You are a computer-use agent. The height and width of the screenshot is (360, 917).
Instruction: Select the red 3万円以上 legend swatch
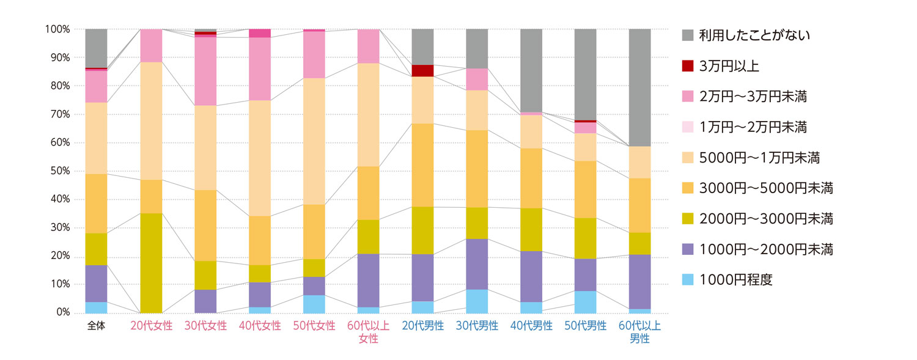click(688, 66)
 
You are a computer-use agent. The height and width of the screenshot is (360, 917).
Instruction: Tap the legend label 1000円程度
click(736, 280)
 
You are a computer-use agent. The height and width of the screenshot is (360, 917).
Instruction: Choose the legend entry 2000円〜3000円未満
click(765, 219)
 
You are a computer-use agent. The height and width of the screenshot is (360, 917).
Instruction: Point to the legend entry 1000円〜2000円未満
click(765, 249)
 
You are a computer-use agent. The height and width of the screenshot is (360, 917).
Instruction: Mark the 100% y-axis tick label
click(58, 29)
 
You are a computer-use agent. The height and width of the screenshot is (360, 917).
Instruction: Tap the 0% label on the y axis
click(63, 313)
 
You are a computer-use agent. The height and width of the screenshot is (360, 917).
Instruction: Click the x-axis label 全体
click(96, 326)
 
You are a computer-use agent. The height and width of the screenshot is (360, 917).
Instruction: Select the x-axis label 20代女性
click(151, 326)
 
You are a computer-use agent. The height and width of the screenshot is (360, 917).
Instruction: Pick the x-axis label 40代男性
click(531, 326)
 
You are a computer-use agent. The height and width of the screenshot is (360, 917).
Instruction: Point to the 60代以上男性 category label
click(639, 332)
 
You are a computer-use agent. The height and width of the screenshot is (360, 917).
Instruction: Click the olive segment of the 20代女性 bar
click(151, 263)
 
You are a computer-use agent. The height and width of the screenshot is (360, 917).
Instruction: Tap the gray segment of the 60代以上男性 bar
click(639, 87)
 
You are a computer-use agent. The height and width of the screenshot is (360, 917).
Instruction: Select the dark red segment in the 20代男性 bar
click(422, 70)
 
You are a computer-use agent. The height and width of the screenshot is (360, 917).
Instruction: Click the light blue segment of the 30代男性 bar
click(477, 301)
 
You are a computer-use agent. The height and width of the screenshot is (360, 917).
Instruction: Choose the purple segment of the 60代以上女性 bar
click(368, 281)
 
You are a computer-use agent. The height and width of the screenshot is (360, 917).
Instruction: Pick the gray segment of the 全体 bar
click(96, 48)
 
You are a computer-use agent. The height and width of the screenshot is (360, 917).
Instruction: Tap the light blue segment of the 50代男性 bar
click(585, 302)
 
